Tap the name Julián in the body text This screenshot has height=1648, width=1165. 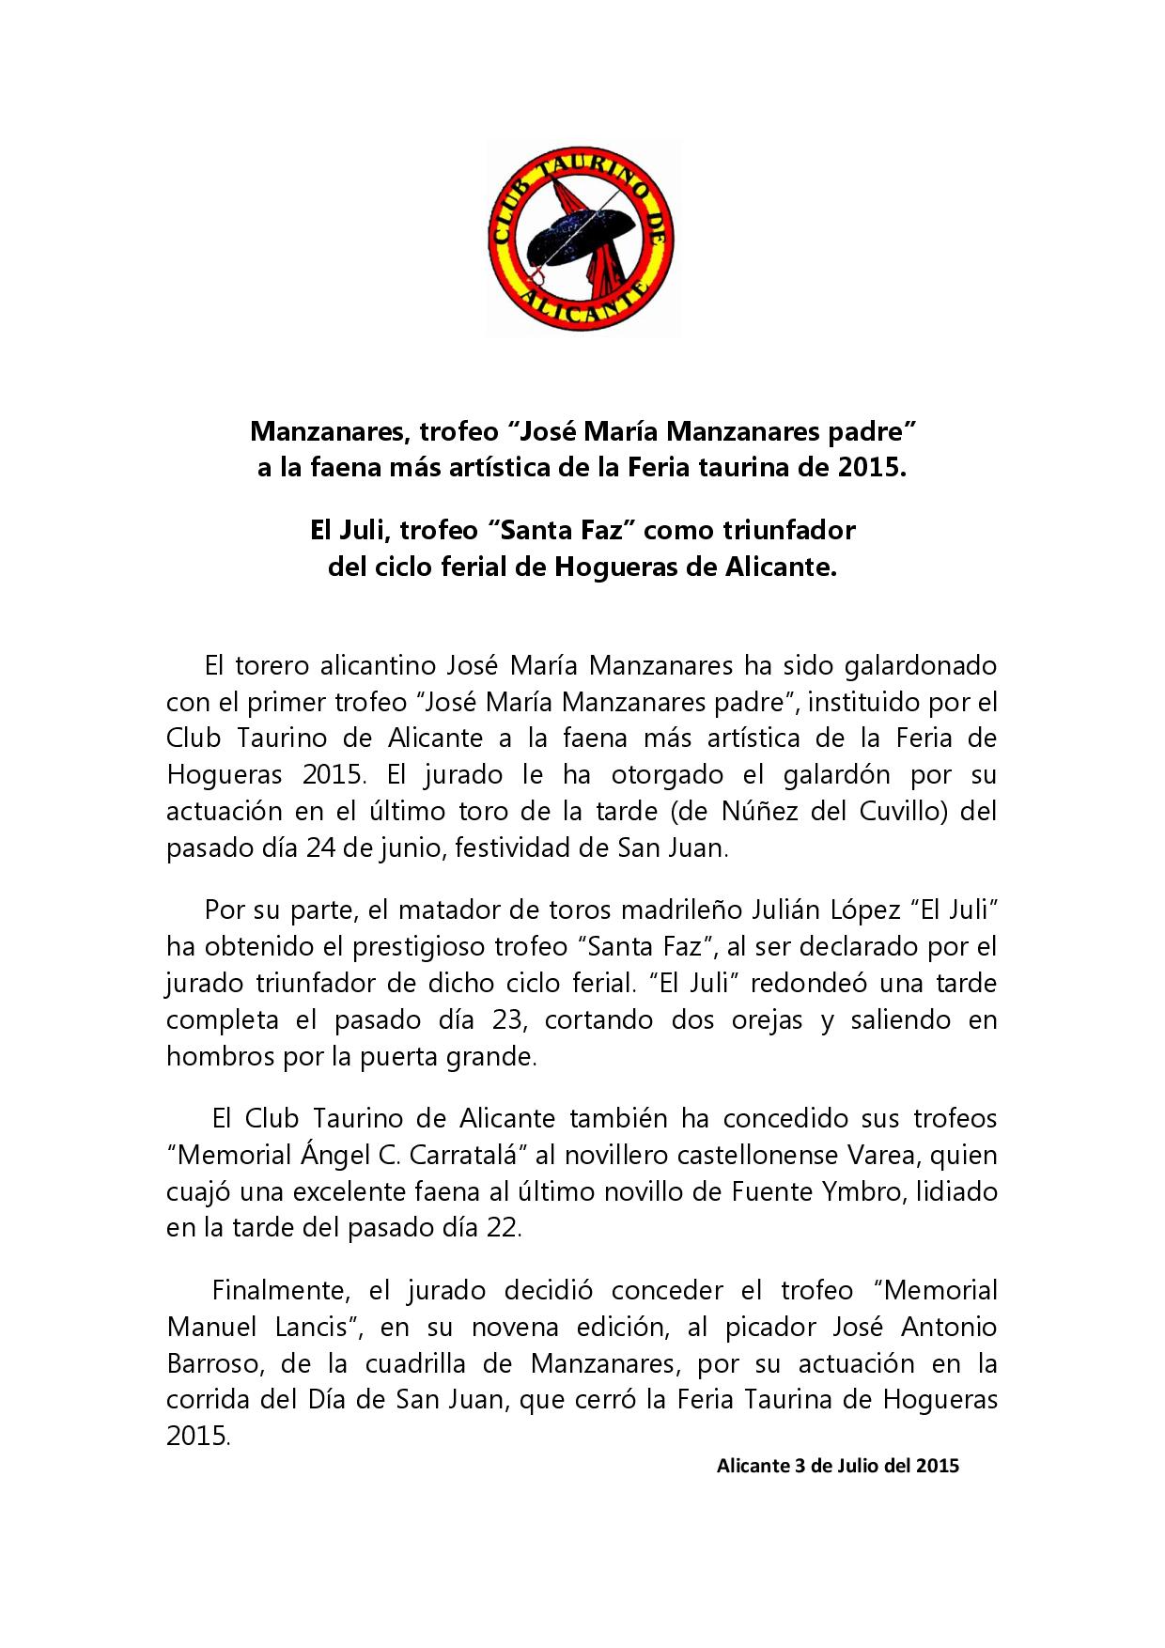click(766, 911)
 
